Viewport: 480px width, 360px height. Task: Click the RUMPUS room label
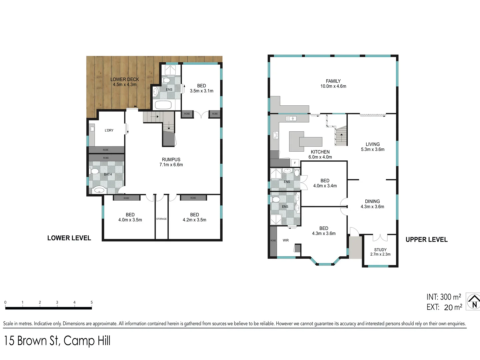click(171, 160)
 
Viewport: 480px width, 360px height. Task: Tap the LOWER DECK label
click(125, 79)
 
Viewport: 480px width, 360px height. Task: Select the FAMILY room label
click(333, 81)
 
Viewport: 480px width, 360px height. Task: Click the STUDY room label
click(380, 250)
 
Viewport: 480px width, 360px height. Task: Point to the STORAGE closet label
click(161, 219)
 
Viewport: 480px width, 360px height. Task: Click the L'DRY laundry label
click(109, 130)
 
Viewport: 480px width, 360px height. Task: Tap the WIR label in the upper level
click(286, 240)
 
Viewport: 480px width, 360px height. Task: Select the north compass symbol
click(473, 302)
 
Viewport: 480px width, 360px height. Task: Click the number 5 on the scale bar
click(92, 302)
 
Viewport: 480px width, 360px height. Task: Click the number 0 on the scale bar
click(5, 302)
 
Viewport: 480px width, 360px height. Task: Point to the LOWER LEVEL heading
click(69, 238)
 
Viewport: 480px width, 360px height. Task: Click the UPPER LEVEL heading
click(426, 240)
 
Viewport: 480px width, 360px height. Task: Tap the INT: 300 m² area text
click(444, 297)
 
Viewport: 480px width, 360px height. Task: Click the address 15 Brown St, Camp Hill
click(57, 341)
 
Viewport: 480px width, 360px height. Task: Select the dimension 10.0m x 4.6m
click(333, 86)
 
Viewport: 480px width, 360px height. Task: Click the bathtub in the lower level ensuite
click(163, 105)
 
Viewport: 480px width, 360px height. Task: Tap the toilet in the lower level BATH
click(94, 171)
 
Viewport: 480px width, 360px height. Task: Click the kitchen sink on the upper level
click(291, 118)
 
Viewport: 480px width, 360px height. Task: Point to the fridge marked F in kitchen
click(295, 163)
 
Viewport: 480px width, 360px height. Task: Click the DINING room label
click(372, 201)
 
